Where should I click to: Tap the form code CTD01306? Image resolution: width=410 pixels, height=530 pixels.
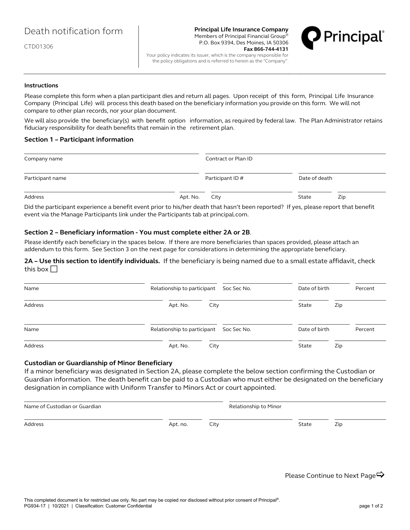[39, 47]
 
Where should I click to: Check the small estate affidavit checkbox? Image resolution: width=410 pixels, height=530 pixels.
[54, 270]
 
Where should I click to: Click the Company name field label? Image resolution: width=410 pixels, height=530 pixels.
[43, 159]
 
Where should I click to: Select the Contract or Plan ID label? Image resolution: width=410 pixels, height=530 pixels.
[229, 159]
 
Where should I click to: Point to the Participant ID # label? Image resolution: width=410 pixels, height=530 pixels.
[224, 178]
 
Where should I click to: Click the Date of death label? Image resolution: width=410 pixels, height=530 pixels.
[315, 178]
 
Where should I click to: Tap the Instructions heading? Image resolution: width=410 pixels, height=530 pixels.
[41, 86]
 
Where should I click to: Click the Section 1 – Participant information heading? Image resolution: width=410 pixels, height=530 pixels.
[79, 140]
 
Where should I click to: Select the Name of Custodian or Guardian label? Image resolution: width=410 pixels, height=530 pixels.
[63, 406]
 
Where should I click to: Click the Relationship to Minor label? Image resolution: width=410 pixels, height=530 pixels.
[255, 406]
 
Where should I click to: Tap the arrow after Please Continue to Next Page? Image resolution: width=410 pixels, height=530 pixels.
[380, 475]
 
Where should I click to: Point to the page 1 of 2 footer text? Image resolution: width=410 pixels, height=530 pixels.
[371, 506]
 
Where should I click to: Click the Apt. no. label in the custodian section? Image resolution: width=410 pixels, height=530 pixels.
[178, 424]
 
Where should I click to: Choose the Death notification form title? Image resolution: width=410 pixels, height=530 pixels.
[73, 31]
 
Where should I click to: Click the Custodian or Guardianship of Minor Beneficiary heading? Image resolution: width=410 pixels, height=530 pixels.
[98, 363]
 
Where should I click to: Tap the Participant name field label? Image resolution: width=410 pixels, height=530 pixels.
[45, 178]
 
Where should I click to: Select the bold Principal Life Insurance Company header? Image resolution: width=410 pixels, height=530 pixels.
[241, 30]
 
